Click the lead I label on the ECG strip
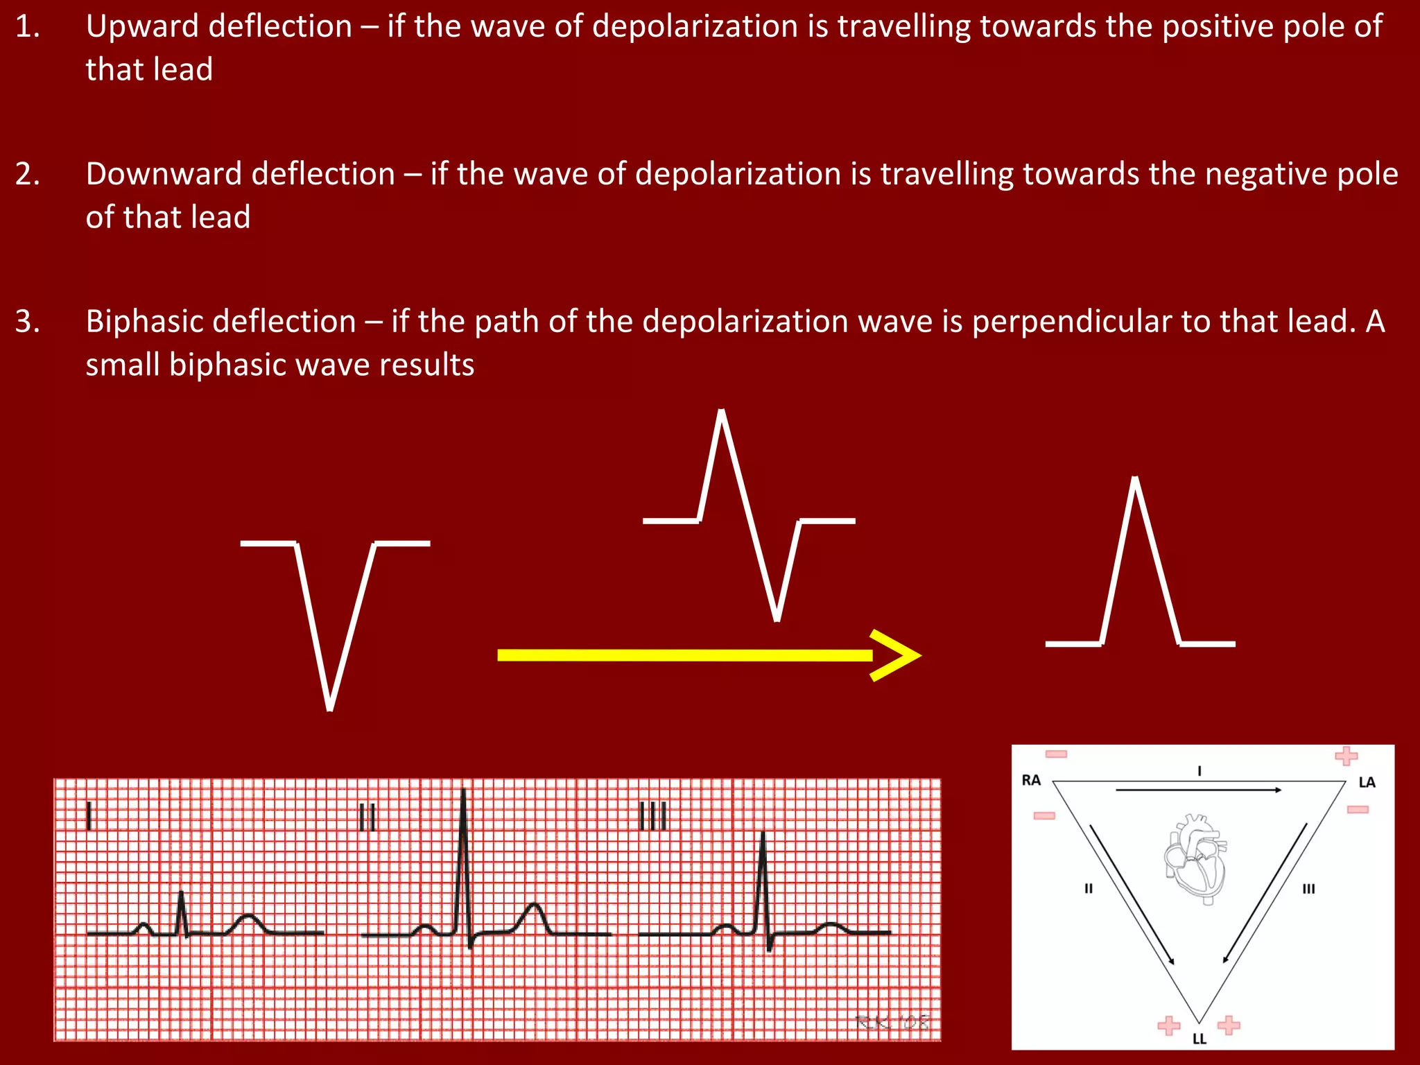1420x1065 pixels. pyautogui.click(x=89, y=815)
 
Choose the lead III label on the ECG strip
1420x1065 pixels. pyautogui.click(x=652, y=816)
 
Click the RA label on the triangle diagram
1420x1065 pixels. pyautogui.click(x=1031, y=780)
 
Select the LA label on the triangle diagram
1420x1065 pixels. pyautogui.click(x=1367, y=782)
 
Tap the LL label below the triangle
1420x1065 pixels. pyautogui.click(x=1199, y=1039)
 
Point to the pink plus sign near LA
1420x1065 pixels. pyautogui.click(x=1346, y=756)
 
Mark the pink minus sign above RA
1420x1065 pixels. pyautogui.click(x=1056, y=754)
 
